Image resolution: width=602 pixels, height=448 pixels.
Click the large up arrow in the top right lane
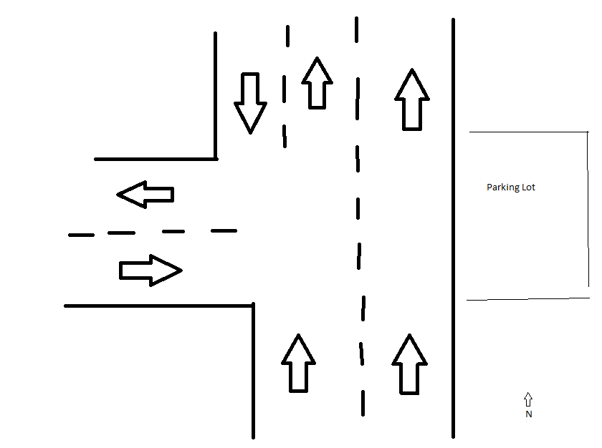tap(411, 99)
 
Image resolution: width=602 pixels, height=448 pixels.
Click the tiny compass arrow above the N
tap(528, 399)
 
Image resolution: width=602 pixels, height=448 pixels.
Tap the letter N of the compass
tap(528, 414)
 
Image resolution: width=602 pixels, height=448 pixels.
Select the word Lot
tap(528, 188)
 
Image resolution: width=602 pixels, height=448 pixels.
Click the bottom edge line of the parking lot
tap(527, 299)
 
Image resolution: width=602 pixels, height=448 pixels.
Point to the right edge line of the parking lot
tap(588, 215)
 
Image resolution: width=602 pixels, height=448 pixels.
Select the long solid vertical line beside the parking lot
tap(453, 229)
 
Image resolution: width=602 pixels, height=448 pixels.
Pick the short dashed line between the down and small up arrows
tap(285, 86)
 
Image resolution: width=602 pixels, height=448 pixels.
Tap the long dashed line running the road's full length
tap(358, 215)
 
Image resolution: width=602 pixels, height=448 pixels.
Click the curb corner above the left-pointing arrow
tap(216, 158)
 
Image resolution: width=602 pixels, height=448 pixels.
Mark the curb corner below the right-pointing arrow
tap(253, 306)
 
